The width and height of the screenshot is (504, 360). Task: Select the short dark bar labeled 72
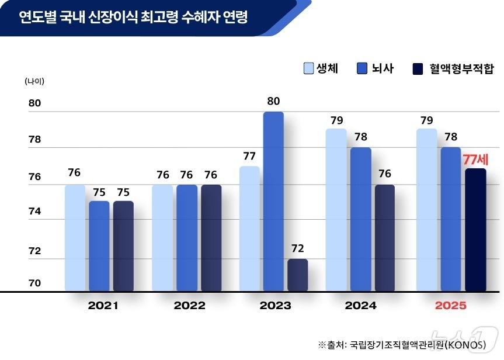(x=297, y=275)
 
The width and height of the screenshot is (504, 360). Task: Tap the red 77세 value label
(x=475, y=158)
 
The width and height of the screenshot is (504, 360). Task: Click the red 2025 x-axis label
(x=450, y=306)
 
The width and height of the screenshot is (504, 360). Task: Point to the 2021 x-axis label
(x=102, y=306)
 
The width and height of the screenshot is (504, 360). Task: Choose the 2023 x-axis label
(x=275, y=306)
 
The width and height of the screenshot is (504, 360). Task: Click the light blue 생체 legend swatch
(x=308, y=68)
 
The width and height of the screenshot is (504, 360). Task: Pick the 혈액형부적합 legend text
(x=461, y=68)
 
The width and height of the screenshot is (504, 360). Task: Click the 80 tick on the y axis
(x=35, y=103)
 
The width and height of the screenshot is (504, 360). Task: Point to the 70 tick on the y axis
(x=35, y=283)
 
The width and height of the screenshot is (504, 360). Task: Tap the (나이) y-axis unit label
(x=34, y=81)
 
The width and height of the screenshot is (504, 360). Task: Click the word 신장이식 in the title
(x=113, y=17)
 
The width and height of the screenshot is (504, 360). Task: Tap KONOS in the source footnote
(x=465, y=345)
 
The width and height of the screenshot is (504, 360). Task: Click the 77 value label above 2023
(x=249, y=156)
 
